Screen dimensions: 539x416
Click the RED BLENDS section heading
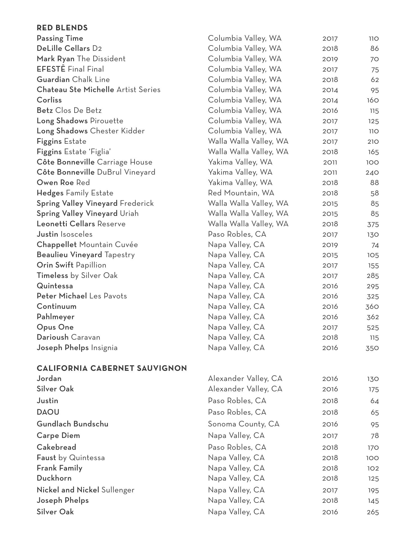[x=62, y=28]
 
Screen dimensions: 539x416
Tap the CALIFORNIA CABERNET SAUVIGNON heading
[x=112, y=368]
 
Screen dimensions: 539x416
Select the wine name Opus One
[x=55, y=327]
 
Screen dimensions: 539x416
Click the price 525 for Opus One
[x=373, y=328]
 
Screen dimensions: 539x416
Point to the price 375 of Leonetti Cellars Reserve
[x=373, y=224]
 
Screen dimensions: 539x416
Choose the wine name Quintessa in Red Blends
[x=55, y=286]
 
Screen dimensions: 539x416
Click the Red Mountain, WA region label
[x=241, y=193]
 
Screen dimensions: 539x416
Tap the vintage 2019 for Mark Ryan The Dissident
[x=330, y=59]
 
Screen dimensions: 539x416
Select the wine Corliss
[x=49, y=100]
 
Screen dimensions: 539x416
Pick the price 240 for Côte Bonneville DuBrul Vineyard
[x=372, y=173]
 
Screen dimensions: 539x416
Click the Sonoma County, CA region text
[x=243, y=424]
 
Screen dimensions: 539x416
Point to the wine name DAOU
[x=48, y=412]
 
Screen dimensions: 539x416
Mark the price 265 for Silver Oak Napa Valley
[x=373, y=512]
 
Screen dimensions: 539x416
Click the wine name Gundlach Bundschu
[x=72, y=424]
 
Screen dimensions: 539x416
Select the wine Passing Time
[x=60, y=38]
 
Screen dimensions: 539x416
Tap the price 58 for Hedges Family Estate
[x=375, y=193]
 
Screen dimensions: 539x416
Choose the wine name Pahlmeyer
[x=56, y=317]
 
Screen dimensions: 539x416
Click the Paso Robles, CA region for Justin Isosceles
[x=237, y=234]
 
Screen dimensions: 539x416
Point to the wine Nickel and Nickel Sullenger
[x=85, y=490]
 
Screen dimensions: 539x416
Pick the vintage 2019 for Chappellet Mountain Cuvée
[x=330, y=245]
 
